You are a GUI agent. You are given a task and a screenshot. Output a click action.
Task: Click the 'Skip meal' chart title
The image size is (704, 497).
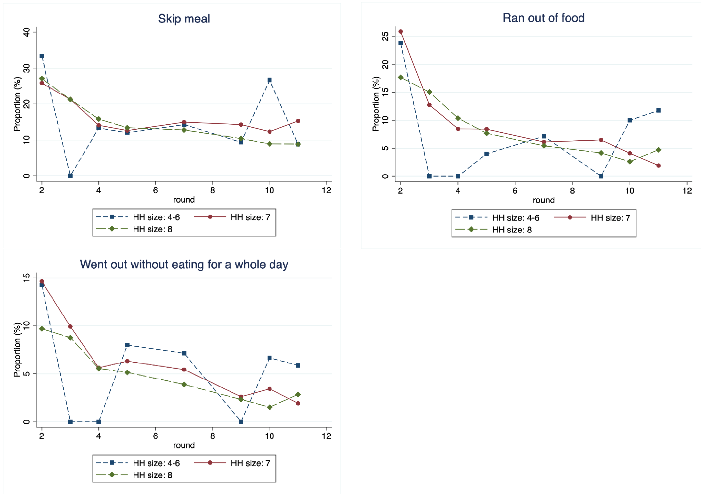pyautogui.click(x=184, y=19)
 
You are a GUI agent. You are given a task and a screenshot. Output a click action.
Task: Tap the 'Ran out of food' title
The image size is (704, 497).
pyautogui.click(x=543, y=18)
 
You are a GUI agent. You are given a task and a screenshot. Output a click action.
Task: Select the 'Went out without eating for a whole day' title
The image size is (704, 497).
pyautogui.click(x=184, y=264)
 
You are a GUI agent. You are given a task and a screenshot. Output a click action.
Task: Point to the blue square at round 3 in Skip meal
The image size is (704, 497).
pyautogui.click(x=70, y=176)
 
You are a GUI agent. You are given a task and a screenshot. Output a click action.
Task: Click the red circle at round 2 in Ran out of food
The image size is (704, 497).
pyautogui.click(x=401, y=32)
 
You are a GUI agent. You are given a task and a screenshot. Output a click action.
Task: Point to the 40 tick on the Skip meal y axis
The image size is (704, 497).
pyautogui.click(x=27, y=32)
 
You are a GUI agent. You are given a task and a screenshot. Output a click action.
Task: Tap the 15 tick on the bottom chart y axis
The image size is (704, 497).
pyautogui.click(x=27, y=277)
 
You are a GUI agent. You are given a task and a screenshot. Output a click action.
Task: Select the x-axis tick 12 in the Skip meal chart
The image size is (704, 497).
pyautogui.click(x=327, y=190)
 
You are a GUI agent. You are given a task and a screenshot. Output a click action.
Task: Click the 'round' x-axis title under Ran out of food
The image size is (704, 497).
pyautogui.click(x=543, y=200)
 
